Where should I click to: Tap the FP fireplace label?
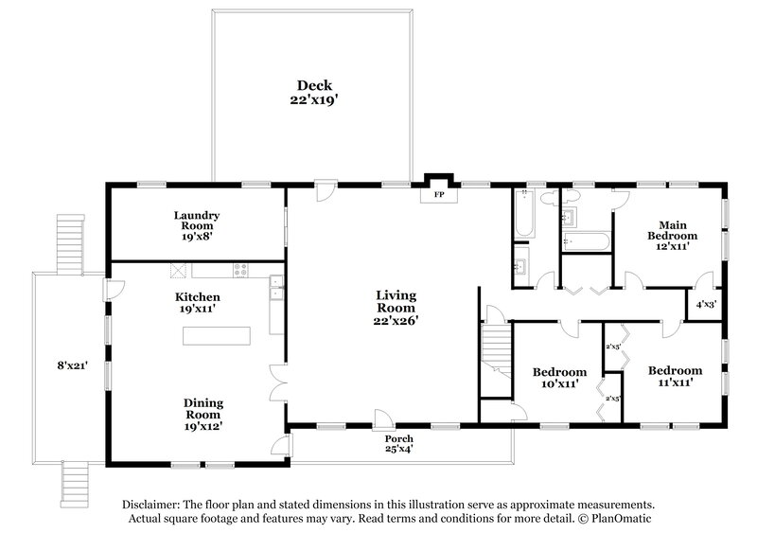(438, 194)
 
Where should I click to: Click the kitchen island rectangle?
(217, 337)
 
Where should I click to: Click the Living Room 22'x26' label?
(396, 308)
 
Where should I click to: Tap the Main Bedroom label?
(673, 235)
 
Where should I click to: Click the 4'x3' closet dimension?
(706, 305)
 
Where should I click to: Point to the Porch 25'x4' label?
(398, 444)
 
